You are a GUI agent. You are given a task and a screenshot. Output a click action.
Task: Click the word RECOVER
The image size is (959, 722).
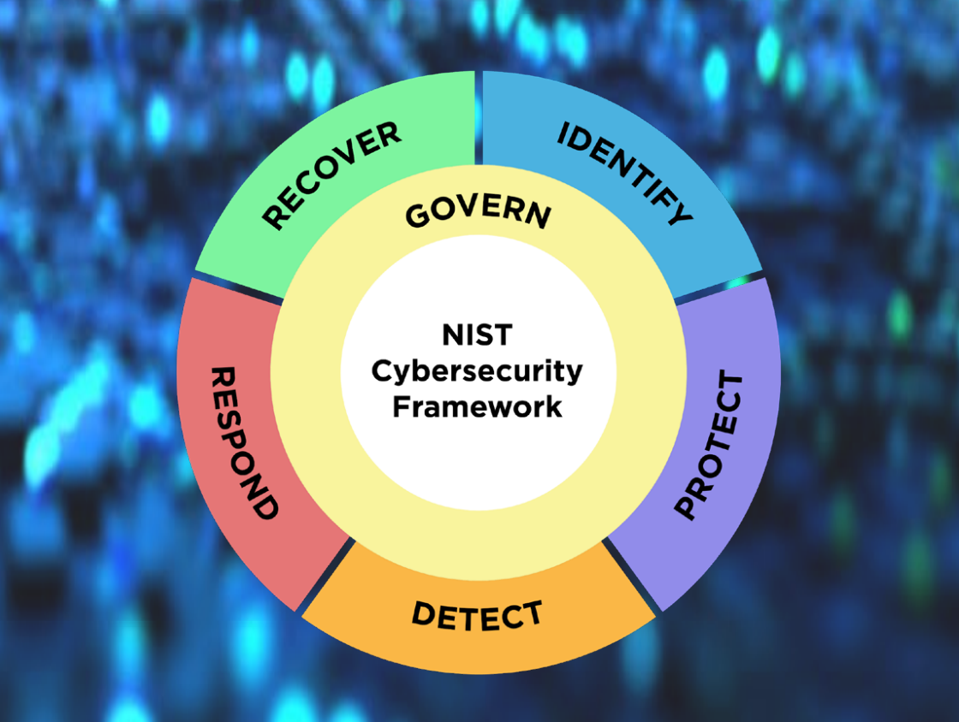(x=331, y=175)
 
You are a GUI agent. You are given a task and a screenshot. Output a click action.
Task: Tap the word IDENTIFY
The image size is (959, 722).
(x=625, y=173)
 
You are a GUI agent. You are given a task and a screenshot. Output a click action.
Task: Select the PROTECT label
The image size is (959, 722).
(x=708, y=445)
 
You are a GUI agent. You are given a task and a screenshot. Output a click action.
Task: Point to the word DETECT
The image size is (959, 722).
(x=477, y=615)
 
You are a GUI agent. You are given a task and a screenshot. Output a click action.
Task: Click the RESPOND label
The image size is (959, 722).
(x=244, y=443)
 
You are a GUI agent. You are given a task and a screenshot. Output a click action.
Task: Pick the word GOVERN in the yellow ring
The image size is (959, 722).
(x=479, y=211)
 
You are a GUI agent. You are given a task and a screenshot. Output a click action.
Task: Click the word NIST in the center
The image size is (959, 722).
(x=477, y=334)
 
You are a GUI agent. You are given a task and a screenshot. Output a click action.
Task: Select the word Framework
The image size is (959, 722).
(x=477, y=407)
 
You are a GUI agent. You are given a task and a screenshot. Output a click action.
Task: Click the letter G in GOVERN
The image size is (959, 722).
(x=418, y=215)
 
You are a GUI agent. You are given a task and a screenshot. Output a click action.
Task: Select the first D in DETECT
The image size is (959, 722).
(x=423, y=613)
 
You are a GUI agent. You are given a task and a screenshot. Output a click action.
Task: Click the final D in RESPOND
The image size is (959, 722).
(x=265, y=506)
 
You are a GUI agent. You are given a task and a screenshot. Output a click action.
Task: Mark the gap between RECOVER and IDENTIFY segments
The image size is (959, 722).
(x=479, y=117)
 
